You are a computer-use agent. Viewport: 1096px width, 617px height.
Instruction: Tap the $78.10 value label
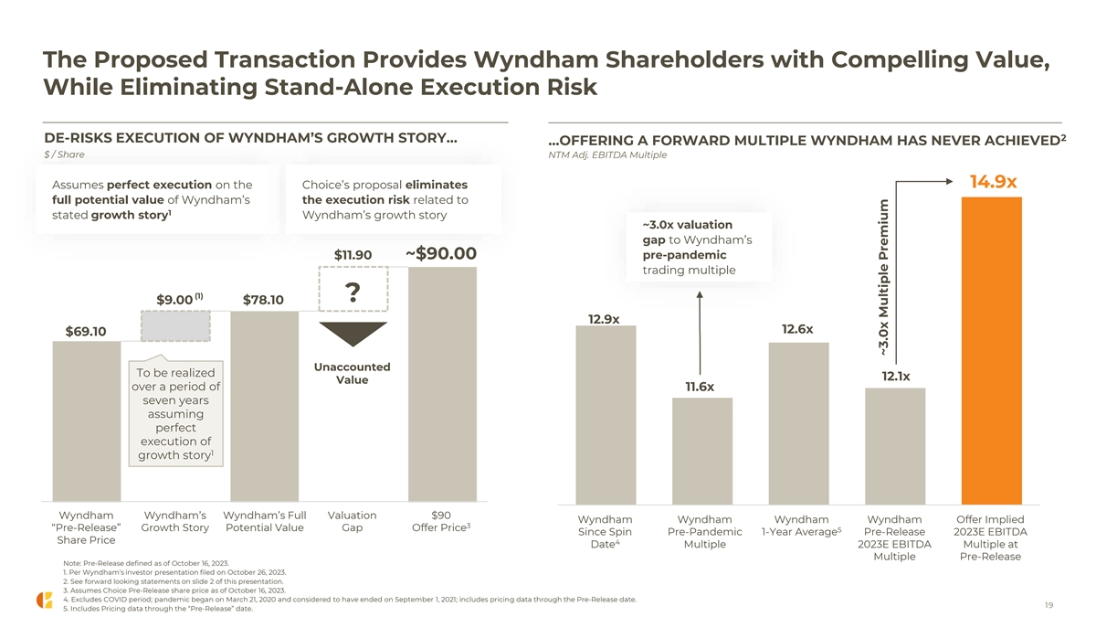(263, 301)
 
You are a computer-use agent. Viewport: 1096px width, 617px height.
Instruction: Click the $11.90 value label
(353, 254)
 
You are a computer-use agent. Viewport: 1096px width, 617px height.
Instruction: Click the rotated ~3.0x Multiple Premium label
(883, 278)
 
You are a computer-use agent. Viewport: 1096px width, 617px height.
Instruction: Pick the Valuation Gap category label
(352, 521)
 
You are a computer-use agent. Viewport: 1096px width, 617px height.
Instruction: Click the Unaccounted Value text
(352, 373)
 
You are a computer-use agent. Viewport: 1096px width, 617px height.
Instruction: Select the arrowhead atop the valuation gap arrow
(700, 295)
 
